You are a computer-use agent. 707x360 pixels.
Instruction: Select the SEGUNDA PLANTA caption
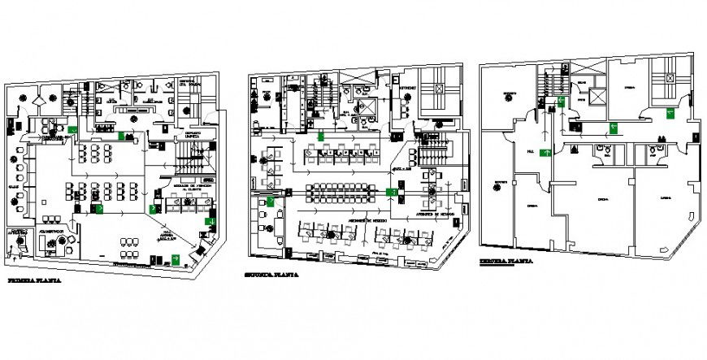(271, 275)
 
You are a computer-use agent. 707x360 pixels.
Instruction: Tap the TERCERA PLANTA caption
(505, 262)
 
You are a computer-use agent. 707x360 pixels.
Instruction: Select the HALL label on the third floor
(531, 151)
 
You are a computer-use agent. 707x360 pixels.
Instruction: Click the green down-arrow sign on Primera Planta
(210, 220)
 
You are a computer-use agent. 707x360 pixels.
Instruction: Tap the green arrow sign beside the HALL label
(548, 151)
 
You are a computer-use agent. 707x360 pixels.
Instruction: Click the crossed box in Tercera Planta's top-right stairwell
(670, 79)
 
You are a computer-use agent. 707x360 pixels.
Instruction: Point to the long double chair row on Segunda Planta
(344, 193)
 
